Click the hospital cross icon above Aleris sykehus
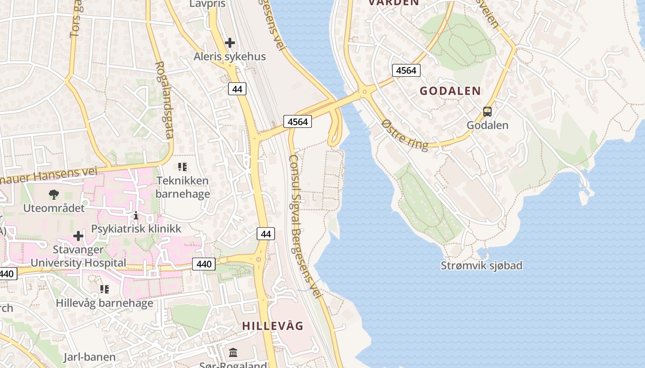coord(229,43)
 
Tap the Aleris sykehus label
coord(229,57)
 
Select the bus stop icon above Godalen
coord(487,111)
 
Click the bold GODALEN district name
coord(450,91)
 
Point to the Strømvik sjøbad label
coord(481,265)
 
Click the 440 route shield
coord(204,264)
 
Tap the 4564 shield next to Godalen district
coord(406,70)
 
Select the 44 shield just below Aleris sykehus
coord(237,89)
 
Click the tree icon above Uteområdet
coord(54,194)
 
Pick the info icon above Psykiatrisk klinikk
coord(136,215)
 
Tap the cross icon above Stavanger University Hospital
coord(78,236)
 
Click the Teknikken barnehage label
coord(182,187)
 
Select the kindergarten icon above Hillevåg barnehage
coord(105,289)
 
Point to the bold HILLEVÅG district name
coord(273,326)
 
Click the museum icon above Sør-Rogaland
coord(233,352)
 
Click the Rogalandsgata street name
coord(164,100)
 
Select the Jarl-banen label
coord(89,357)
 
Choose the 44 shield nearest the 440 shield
coord(266,234)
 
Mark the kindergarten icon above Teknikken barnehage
coord(182,167)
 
